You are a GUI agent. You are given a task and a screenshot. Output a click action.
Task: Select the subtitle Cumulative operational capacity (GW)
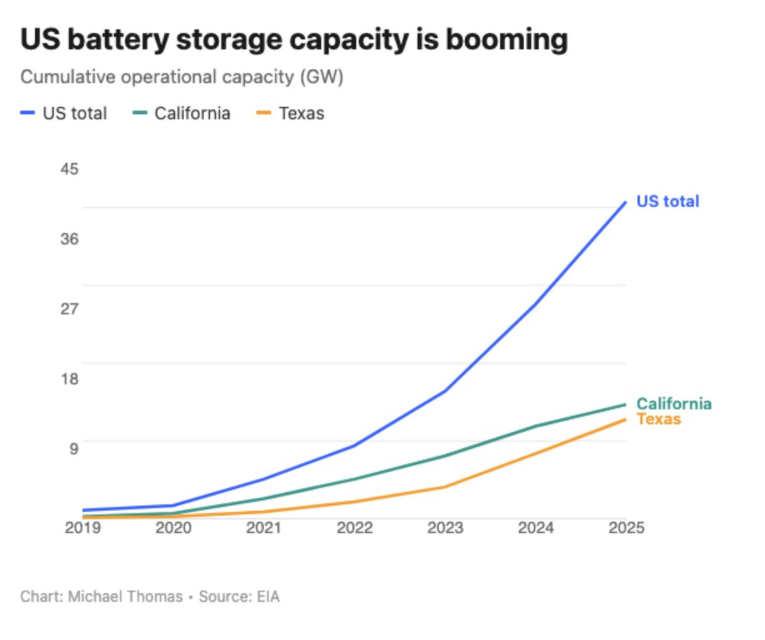click(182, 77)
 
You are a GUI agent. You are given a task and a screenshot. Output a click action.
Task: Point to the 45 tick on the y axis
click(69, 170)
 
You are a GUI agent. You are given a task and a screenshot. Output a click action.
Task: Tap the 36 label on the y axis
click(69, 239)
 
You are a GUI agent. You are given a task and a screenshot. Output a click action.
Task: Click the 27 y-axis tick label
click(69, 309)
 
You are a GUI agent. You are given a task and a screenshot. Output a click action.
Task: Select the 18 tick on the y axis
click(69, 379)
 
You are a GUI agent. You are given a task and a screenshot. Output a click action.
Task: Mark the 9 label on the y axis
click(73, 448)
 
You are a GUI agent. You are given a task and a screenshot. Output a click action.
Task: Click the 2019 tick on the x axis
click(83, 528)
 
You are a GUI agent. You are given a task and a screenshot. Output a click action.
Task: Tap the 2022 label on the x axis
click(354, 528)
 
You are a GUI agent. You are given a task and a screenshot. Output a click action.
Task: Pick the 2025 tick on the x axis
click(625, 528)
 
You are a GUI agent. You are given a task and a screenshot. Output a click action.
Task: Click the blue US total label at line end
click(667, 201)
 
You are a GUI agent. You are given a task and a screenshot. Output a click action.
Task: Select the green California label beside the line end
click(674, 404)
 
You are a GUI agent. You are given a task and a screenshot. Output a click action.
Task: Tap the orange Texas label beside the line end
click(659, 419)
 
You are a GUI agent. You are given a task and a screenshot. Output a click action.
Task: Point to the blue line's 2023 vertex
click(445, 390)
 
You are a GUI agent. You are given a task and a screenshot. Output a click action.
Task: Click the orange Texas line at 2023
click(445, 486)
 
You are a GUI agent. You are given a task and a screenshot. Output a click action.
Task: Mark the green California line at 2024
click(535, 426)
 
